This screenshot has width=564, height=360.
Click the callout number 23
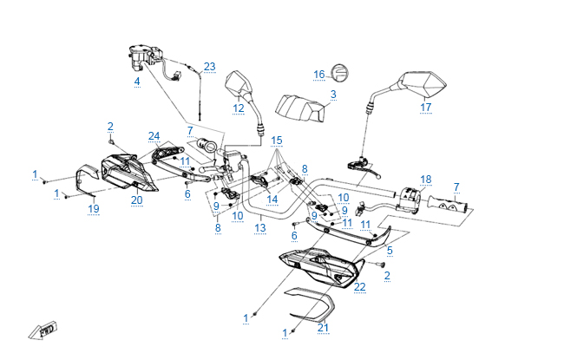pyautogui.click(x=209, y=66)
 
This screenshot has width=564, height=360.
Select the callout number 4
pyautogui.click(x=136, y=82)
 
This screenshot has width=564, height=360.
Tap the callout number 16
pyautogui.click(x=318, y=74)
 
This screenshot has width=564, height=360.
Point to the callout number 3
pyautogui.click(x=333, y=94)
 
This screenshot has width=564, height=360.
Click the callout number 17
pyautogui.click(x=425, y=108)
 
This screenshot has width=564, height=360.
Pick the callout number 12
pyautogui.click(x=239, y=108)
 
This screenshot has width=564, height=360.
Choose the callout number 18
pyautogui.click(x=425, y=180)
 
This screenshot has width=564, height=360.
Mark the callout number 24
pyautogui.click(x=154, y=135)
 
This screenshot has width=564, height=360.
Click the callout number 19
pyautogui.click(x=94, y=208)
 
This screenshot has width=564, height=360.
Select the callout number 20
pyautogui.click(x=136, y=200)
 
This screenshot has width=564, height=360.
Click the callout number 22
pyautogui.click(x=360, y=286)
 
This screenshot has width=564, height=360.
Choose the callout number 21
pyautogui.click(x=324, y=327)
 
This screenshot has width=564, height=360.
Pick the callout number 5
pyautogui.click(x=390, y=250)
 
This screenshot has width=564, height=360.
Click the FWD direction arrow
pyautogui.click(x=42, y=331)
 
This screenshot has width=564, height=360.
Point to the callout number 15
pyautogui.click(x=277, y=140)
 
